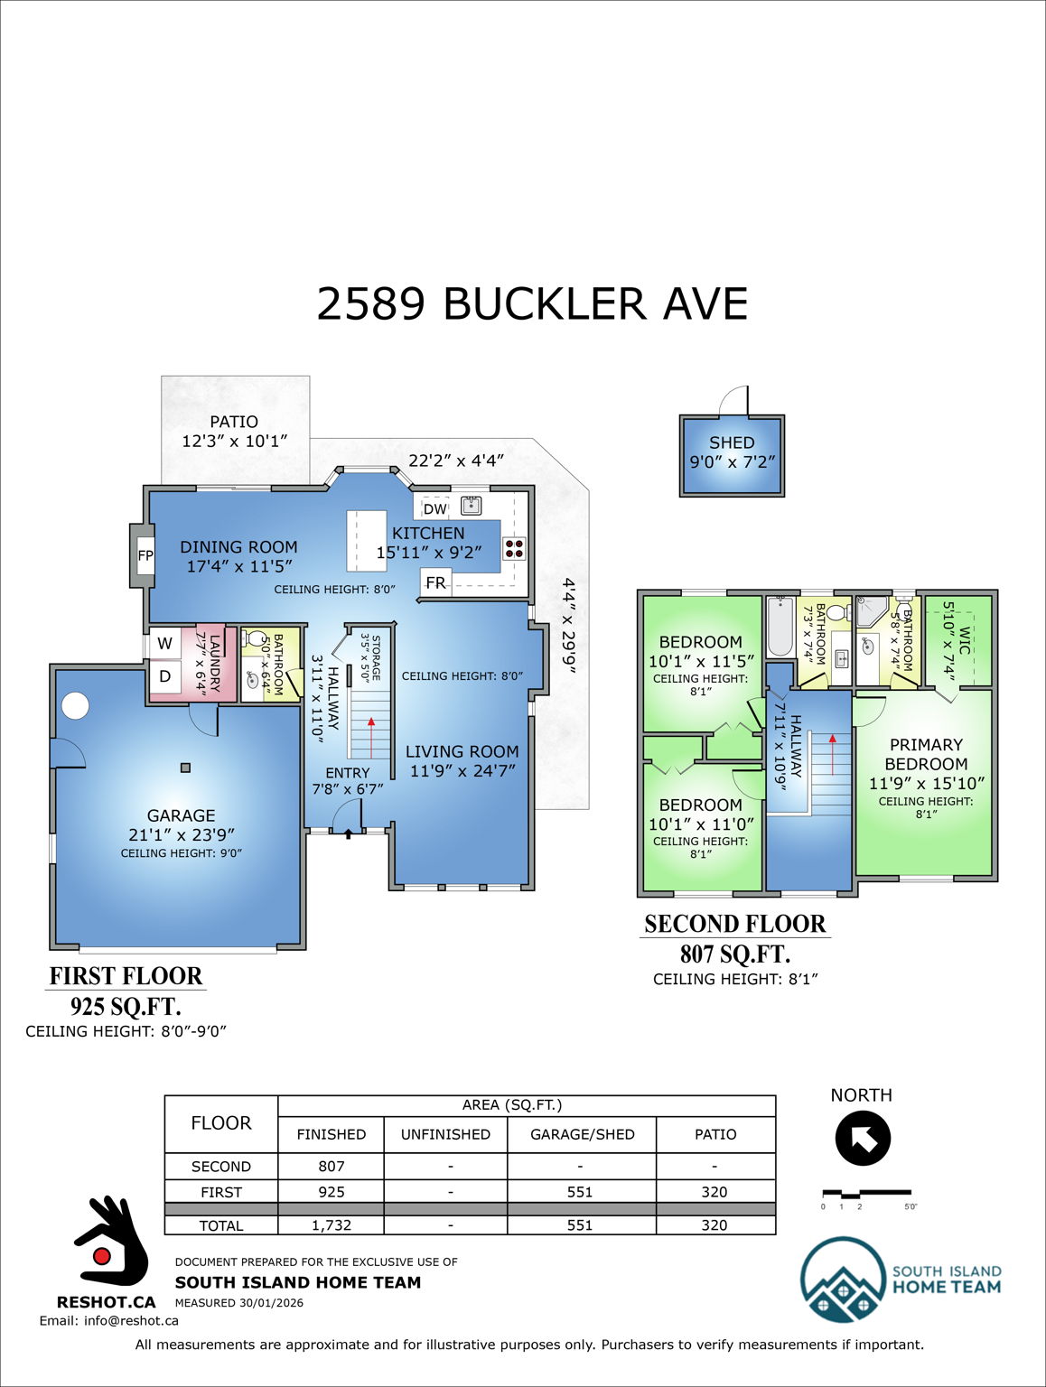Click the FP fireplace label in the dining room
(145, 555)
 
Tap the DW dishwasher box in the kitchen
(434, 508)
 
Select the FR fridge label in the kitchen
(435, 582)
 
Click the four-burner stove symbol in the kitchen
(514, 549)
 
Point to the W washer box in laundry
(164, 644)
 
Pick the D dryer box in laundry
(164, 676)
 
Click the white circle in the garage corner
(75, 706)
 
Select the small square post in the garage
(185, 768)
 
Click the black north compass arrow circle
(863, 1139)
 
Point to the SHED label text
(732, 442)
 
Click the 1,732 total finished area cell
(331, 1225)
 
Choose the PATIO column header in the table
(714, 1134)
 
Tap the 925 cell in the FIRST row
(331, 1192)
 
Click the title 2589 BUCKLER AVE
(532, 303)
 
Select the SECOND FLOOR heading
(734, 924)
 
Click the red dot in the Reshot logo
(102, 1256)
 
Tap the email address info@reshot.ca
(108, 1320)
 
